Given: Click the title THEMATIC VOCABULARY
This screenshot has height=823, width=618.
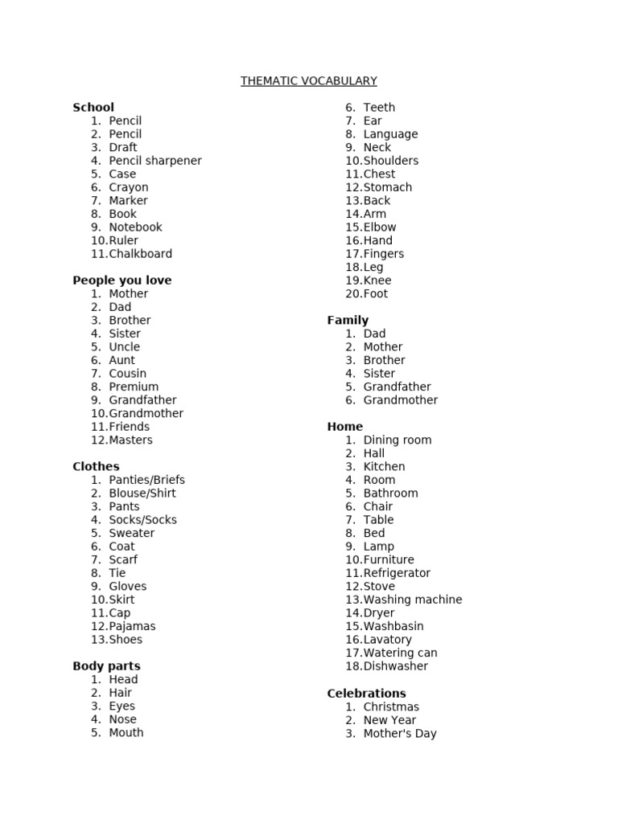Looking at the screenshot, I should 308,81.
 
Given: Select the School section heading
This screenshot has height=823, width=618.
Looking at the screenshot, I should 93,108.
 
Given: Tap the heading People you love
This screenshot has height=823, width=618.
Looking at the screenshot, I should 122,280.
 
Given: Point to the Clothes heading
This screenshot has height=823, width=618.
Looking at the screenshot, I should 96,467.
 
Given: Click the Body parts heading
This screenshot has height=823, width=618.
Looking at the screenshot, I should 106,666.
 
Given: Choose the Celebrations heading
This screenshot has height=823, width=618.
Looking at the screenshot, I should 366,694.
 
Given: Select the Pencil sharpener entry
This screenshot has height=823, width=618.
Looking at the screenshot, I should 155,161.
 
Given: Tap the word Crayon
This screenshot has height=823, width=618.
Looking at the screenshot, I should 129,187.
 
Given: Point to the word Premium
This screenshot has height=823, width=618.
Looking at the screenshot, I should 134,387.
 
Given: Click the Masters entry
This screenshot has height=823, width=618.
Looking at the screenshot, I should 130,440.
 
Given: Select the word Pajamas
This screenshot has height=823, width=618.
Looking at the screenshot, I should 132,626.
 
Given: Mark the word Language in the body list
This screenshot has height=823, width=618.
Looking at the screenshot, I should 390,134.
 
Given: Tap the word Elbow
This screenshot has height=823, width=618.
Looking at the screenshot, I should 380,227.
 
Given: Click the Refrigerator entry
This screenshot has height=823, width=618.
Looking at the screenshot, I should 397,573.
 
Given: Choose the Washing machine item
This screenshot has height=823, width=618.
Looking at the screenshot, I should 413,600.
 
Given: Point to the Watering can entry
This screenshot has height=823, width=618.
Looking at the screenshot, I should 400,653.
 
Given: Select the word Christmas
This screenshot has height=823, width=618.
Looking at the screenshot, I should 391,707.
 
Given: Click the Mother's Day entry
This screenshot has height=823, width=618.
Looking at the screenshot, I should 400,734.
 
